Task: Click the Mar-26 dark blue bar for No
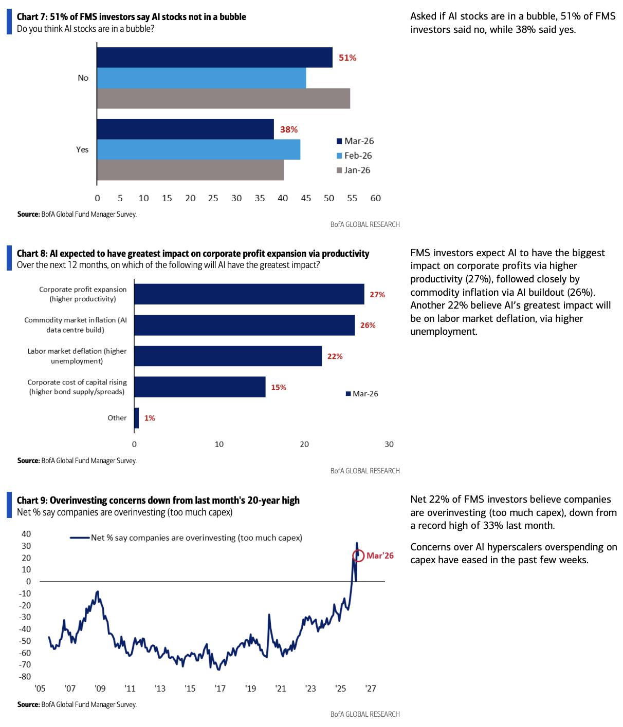(x=214, y=58)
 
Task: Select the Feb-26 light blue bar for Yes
(x=198, y=149)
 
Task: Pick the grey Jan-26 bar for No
(x=223, y=99)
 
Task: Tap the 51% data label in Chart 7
(x=347, y=58)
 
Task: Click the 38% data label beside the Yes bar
(x=288, y=130)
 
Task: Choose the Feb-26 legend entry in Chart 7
(x=354, y=156)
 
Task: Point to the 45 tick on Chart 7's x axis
(x=306, y=198)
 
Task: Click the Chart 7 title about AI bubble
(x=131, y=17)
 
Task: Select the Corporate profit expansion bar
(x=249, y=294)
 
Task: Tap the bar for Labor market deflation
(x=228, y=356)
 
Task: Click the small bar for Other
(x=136, y=418)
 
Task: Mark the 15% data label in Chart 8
(x=279, y=388)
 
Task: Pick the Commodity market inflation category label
(x=76, y=325)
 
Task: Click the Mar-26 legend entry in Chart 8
(x=362, y=394)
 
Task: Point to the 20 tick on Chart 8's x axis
(x=304, y=444)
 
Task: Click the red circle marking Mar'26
(x=358, y=556)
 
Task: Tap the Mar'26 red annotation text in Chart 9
(x=380, y=556)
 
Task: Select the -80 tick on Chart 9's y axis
(x=25, y=677)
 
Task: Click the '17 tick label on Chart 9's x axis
(x=220, y=688)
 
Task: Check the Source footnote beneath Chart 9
(x=77, y=704)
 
